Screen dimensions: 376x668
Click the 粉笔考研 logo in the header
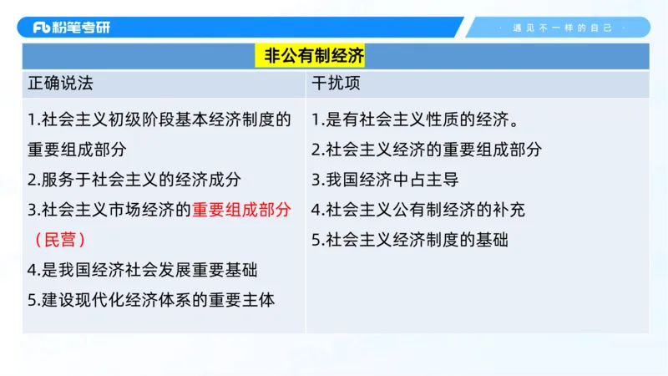point(72,27)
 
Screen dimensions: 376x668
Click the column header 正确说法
point(61,84)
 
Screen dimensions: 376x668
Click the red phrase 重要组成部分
point(242,210)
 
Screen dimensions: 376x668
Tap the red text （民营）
point(61,240)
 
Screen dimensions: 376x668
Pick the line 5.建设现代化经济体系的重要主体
point(151,300)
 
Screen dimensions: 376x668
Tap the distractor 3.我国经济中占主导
point(385,180)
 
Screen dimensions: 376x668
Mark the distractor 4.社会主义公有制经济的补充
point(418,210)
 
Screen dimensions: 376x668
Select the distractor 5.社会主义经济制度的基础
point(410,240)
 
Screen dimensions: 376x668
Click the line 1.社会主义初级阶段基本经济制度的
point(159,119)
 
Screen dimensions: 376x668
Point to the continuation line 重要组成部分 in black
point(77,150)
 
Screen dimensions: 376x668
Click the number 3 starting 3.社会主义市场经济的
point(32,210)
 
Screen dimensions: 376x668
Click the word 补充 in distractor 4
point(509,210)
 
